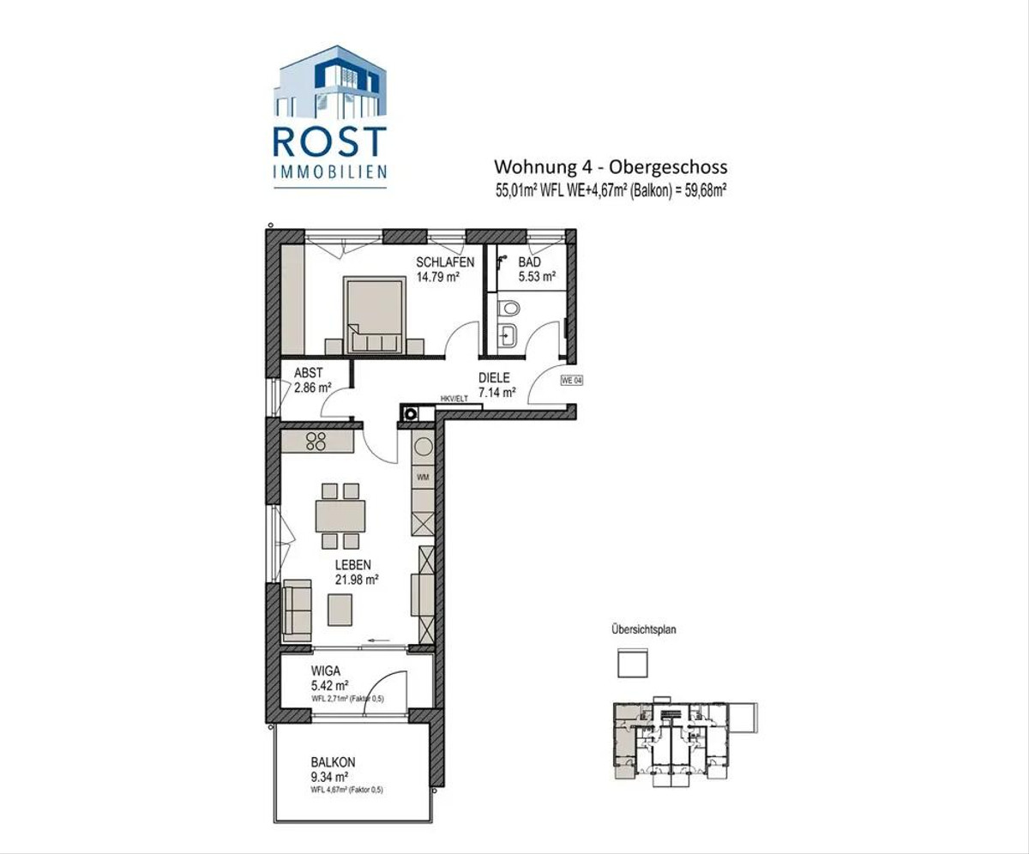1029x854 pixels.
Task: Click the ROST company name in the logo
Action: point(329,141)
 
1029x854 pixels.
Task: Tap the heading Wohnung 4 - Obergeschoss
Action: point(611,167)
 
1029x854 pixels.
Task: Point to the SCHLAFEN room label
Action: point(445,262)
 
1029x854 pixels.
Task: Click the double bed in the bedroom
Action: point(374,316)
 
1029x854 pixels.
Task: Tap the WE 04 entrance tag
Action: point(572,381)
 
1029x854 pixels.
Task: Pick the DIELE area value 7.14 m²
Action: point(496,392)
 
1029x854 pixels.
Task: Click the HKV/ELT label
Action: point(454,400)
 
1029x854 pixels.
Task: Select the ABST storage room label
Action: point(308,373)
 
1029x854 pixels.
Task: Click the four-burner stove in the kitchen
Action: point(316,442)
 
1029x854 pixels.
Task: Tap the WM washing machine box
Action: point(423,477)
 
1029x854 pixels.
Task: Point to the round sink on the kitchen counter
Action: point(423,447)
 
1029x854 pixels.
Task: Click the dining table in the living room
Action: point(340,515)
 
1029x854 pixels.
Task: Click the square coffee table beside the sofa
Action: point(340,610)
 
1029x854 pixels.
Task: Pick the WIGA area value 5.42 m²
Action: point(329,685)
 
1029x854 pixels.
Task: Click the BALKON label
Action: point(333,762)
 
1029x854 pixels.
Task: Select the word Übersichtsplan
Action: point(644,629)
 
